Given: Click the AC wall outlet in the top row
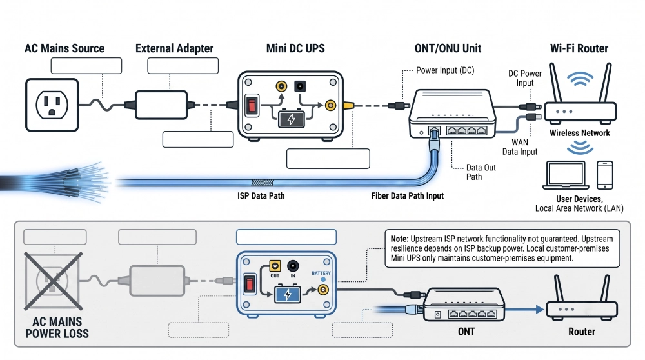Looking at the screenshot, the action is (x=52, y=105).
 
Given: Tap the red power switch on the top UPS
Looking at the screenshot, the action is (x=252, y=106).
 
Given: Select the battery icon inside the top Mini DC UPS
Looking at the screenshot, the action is (x=292, y=119).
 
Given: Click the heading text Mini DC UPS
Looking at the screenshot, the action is (x=295, y=48).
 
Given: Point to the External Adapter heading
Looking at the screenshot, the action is (x=174, y=48).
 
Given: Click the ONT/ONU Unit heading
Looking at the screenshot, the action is (x=448, y=48).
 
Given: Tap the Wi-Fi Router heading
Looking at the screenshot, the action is (x=579, y=48).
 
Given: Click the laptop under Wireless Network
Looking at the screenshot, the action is (x=565, y=175).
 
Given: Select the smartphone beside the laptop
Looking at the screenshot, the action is (x=605, y=175).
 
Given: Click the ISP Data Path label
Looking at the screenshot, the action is (x=261, y=196).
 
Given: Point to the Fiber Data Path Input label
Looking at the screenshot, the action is (x=407, y=196).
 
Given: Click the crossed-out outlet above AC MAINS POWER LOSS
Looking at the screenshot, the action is (x=53, y=281).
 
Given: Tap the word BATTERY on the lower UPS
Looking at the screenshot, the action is (x=321, y=273).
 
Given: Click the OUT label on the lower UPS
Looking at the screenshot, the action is (x=275, y=275).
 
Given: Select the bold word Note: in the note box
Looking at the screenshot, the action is (x=399, y=239).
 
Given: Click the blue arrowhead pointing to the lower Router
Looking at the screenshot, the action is (x=540, y=310).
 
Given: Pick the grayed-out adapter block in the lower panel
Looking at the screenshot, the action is (x=157, y=281).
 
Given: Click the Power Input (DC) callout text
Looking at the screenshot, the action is (x=445, y=70).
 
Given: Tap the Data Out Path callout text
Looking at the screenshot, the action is (x=481, y=172).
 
